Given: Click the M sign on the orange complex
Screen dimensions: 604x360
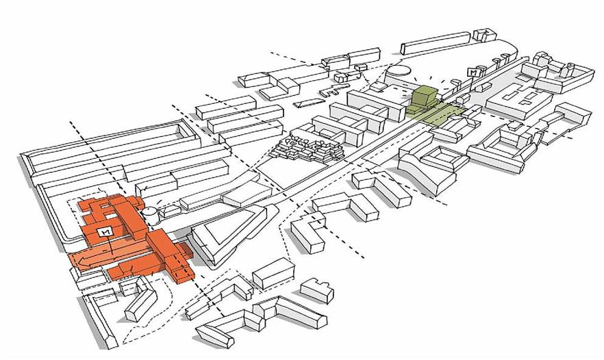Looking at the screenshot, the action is click(x=106, y=231).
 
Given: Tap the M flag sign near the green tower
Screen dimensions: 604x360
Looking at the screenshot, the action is click(x=471, y=73).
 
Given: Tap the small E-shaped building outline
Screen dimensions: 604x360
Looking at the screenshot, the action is click(x=331, y=91).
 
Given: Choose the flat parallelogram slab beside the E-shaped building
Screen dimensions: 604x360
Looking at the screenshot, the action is click(x=309, y=103).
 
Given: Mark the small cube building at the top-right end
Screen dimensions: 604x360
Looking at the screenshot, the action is click(x=484, y=34).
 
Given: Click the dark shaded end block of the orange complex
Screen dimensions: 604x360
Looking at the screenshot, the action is click(x=186, y=250).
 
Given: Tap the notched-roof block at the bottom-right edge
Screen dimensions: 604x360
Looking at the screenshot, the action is click(x=317, y=290).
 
